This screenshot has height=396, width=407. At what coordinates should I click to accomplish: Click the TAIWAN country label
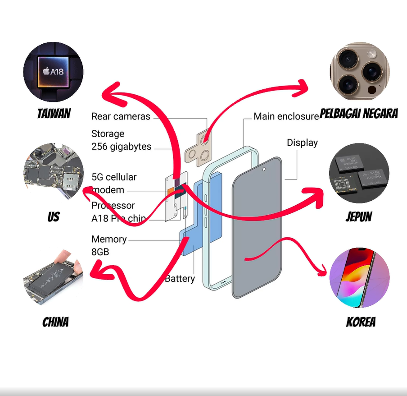[x=54, y=113]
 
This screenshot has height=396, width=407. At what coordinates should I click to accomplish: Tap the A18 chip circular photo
[x=53, y=73]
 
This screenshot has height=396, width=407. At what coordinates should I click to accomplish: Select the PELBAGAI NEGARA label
[x=359, y=113]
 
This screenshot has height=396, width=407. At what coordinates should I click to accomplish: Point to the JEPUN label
[x=359, y=216]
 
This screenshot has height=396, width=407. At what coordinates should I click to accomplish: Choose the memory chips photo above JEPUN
[x=359, y=174]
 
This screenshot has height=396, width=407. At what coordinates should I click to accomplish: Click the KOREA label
[x=361, y=322]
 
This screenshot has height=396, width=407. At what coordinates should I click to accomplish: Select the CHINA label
[x=55, y=322]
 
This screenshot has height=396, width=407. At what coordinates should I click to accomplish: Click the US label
[x=53, y=217]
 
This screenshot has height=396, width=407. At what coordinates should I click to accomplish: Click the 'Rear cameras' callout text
[x=121, y=116]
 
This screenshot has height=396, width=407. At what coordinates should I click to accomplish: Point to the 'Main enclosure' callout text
[x=286, y=116]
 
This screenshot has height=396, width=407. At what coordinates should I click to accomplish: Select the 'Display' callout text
[x=302, y=143]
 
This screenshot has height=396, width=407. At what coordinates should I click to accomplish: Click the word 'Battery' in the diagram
[x=180, y=278]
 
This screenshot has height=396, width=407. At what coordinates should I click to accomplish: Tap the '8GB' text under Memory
[x=100, y=252]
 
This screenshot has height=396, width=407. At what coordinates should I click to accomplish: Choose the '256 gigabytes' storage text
[x=121, y=146]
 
